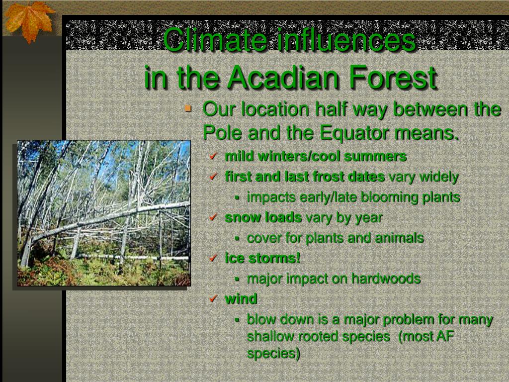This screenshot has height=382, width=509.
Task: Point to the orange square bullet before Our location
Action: pyautogui.click(x=188, y=108)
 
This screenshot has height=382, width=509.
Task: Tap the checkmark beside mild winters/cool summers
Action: pyautogui.click(x=213, y=156)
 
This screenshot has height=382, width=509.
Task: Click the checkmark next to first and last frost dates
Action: pyautogui.click(x=213, y=177)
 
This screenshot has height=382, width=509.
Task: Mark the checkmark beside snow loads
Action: pyautogui.click(x=213, y=217)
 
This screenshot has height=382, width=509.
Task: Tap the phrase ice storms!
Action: pyautogui.click(x=262, y=258)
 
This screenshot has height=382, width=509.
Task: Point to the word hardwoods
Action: pyautogui.click(x=386, y=279)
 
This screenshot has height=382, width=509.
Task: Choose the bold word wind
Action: pyautogui.click(x=241, y=298)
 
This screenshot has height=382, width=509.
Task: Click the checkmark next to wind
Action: pyautogui.click(x=213, y=298)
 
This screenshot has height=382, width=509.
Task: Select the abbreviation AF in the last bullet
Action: pyautogui.click(x=444, y=336)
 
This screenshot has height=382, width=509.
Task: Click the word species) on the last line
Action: pyautogui.click(x=273, y=354)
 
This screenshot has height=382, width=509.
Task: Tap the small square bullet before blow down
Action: pyautogui.click(x=237, y=320)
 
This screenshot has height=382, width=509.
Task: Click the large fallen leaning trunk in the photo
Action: pyautogui.click(x=110, y=221)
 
